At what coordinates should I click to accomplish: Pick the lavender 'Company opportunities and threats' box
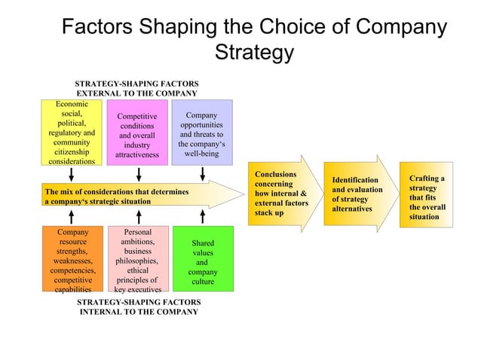pos(202,132)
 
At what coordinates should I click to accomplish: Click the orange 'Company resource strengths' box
pos(72,259)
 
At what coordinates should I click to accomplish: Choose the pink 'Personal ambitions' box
pos(137,259)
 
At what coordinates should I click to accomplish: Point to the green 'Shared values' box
pos(203,259)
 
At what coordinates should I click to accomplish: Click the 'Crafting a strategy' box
pos(427,197)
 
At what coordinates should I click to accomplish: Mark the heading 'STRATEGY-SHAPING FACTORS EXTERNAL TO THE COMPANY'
pos(136,87)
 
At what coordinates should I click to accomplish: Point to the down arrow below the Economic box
pos(73,172)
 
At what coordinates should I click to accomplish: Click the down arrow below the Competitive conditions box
pos(138,172)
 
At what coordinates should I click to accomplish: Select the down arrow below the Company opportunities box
pos(203,172)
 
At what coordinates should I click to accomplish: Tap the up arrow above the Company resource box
pos(73,217)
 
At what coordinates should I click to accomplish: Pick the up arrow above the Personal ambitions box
pos(138,217)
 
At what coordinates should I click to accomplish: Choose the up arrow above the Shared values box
pos(203,217)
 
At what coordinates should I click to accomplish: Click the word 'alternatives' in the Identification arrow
pos(351,209)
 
